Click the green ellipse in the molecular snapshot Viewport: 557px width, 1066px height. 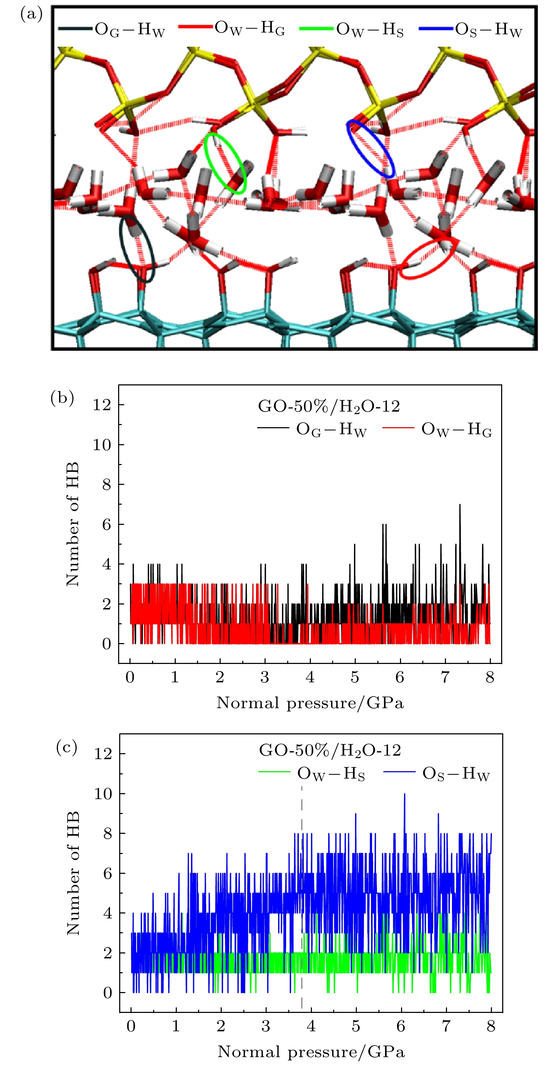(225, 163)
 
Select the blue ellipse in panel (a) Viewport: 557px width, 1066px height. (371, 149)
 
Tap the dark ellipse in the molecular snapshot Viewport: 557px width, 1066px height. (137, 248)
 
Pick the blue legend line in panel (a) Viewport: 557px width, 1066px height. (435, 29)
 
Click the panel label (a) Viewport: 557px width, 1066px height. (31, 15)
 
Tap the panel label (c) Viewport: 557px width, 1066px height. (66, 747)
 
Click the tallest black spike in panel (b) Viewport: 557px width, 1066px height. (459, 505)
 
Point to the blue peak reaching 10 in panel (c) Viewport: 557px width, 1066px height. (405, 794)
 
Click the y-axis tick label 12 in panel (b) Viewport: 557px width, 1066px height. (102, 405)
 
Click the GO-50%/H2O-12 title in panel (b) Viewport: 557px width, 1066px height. (329, 406)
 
